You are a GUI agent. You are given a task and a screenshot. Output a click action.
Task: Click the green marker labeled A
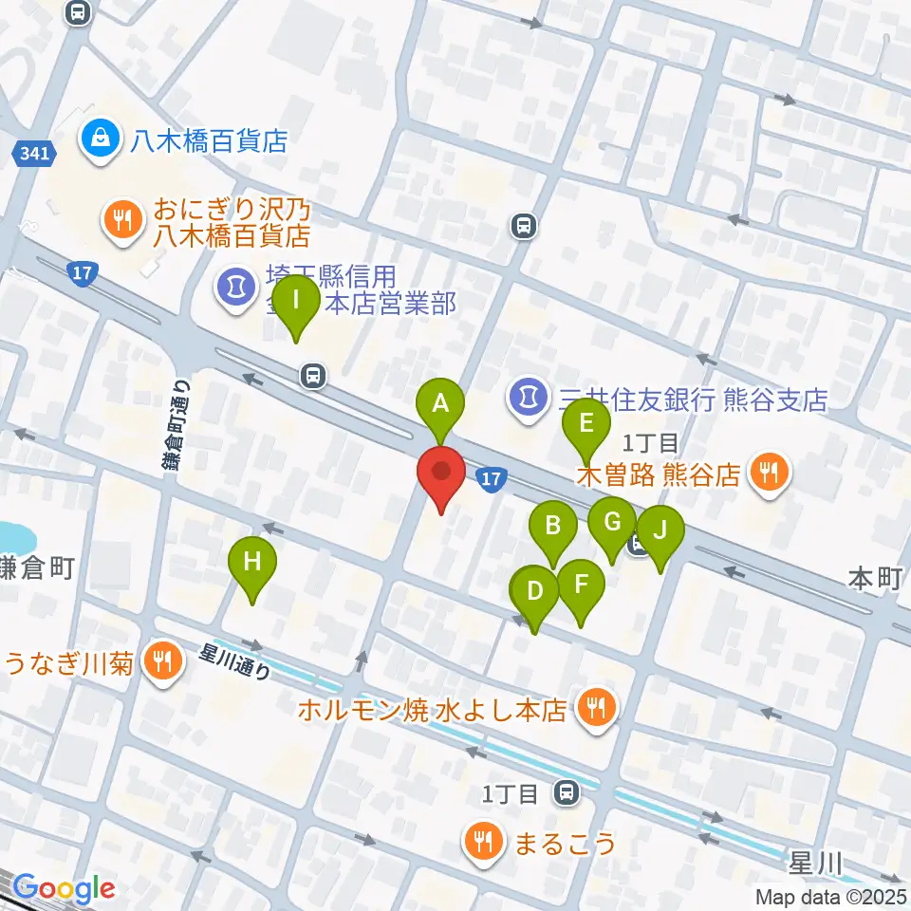tap(440, 404)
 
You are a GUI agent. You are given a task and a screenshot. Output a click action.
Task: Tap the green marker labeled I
tap(297, 302)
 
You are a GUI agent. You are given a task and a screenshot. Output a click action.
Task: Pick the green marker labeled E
tap(586, 423)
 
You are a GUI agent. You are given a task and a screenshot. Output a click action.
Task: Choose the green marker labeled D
tap(534, 592)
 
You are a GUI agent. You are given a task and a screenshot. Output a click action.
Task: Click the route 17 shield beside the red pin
tap(489, 480)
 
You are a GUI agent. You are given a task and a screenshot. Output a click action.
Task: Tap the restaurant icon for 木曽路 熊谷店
tap(770, 473)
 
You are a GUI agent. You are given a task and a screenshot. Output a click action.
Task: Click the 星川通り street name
tap(235, 661)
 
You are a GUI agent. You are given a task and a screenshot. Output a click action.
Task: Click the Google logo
tap(65, 888)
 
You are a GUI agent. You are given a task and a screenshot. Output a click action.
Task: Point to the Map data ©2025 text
tap(831, 896)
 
